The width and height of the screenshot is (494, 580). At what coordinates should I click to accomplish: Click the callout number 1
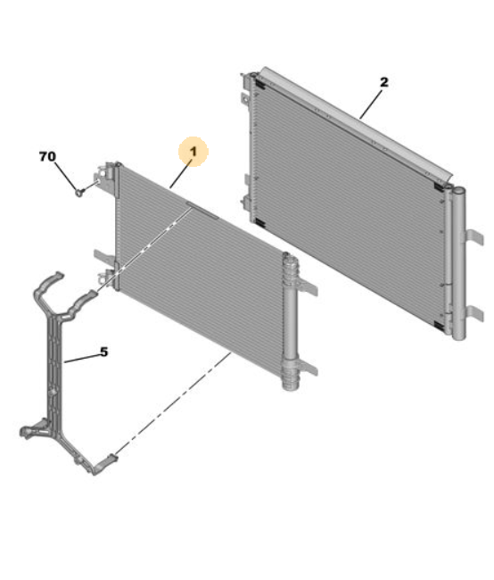point(193,152)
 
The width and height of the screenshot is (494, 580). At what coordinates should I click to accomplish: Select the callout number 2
point(384,82)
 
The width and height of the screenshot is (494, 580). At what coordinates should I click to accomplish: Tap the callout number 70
point(47,156)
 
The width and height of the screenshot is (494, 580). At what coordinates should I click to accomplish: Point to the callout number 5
point(104,352)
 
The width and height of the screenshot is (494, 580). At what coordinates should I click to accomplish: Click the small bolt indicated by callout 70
point(80,192)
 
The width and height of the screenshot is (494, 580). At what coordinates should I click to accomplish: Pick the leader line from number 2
point(371,104)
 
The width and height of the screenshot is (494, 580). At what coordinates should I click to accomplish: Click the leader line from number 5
point(82,359)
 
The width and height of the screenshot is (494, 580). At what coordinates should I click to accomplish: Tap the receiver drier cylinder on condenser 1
point(291,321)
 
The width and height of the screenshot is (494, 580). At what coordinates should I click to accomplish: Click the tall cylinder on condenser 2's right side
point(458,263)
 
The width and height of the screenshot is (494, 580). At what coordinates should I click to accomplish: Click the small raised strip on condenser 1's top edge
point(202,210)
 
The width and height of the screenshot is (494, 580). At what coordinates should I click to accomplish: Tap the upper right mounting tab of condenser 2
point(474,236)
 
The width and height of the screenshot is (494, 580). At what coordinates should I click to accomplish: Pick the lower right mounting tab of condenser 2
point(474,313)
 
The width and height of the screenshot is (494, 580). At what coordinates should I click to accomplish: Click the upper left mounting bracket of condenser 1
point(106,177)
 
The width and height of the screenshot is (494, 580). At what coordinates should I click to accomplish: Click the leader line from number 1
point(181,173)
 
